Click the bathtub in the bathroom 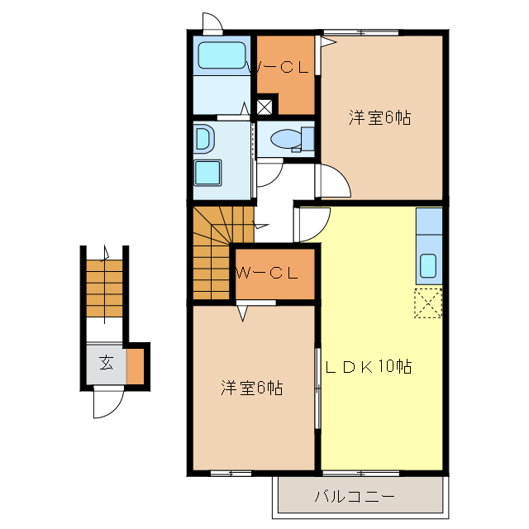tap(222, 55)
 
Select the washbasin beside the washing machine tap(203, 139)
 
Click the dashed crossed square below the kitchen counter tap(428, 303)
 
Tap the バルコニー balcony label tap(355, 497)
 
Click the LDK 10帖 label tap(369, 365)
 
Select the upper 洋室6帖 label tap(379, 117)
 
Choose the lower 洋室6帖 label tap(252, 387)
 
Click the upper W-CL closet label tap(282, 69)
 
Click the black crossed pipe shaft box tap(264, 106)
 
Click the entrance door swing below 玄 tap(108, 403)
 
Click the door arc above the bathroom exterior tap(212, 22)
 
